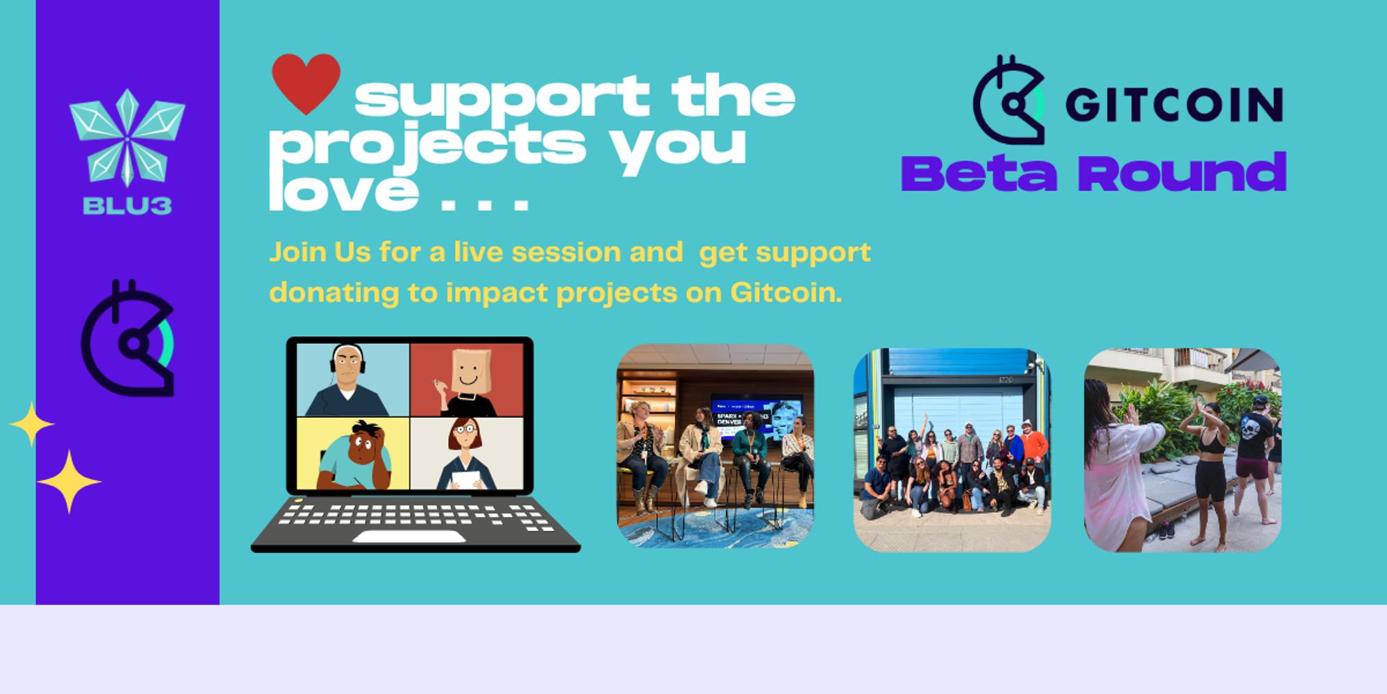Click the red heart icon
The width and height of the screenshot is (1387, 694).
click(x=306, y=83)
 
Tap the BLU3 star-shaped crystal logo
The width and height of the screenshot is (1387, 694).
click(x=127, y=135)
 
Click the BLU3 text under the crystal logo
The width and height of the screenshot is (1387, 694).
click(x=127, y=205)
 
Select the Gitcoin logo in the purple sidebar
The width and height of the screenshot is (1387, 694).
click(x=128, y=339)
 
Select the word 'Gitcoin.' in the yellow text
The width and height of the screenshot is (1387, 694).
click(x=786, y=292)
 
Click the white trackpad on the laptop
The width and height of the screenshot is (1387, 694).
click(x=408, y=536)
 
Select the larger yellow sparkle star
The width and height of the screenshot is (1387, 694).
click(x=69, y=482)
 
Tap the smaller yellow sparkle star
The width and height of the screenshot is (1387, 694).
click(x=31, y=424)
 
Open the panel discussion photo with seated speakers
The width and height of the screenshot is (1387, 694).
click(x=715, y=446)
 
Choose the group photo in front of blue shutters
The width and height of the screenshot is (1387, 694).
click(x=951, y=449)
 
